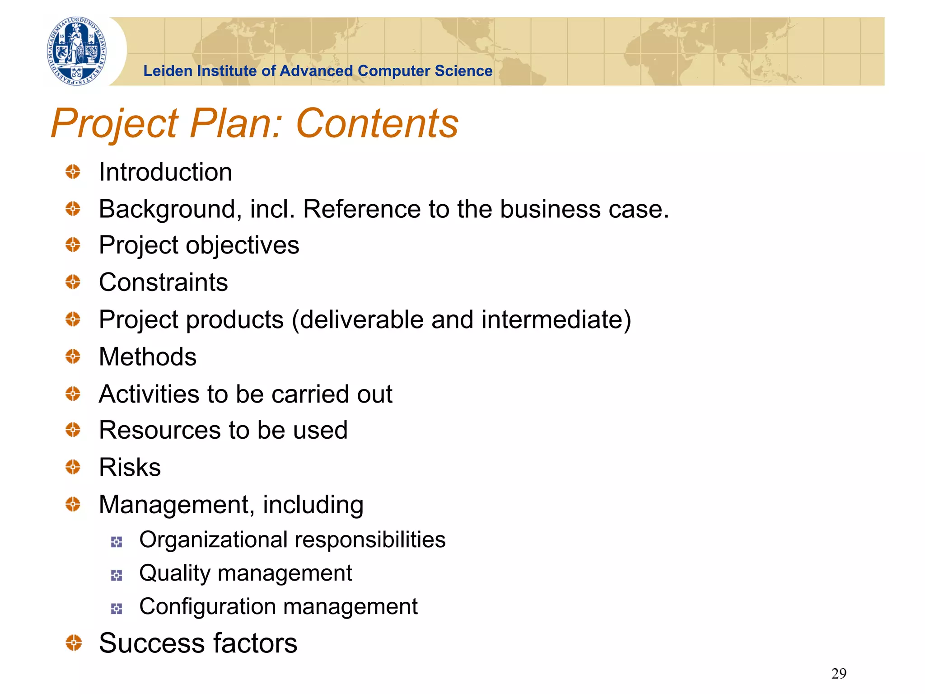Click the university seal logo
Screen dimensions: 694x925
pyautogui.click(x=77, y=51)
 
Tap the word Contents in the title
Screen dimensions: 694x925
pyautogui.click(x=377, y=123)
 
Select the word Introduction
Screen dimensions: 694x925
pyautogui.click(x=165, y=172)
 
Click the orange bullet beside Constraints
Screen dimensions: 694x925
pyautogui.click(x=73, y=282)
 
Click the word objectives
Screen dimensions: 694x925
pyautogui.click(x=243, y=245)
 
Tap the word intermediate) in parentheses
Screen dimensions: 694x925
pyautogui.click(x=556, y=319)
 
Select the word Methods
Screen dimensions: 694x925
pyautogui.click(x=148, y=356)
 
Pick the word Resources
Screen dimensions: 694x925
pyautogui.click(x=159, y=430)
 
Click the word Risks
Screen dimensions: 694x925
pyautogui.click(x=130, y=467)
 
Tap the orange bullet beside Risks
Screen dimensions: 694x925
pyautogui.click(x=73, y=467)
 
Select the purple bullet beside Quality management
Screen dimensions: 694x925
pyautogui.click(x=117, y=575)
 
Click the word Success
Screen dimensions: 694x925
pyautogui.click(x=152, y=643)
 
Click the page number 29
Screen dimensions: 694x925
pyautogui.click(x=839, y=673)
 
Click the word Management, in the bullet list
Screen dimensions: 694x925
pyautogui.click(x=177, y=505)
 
